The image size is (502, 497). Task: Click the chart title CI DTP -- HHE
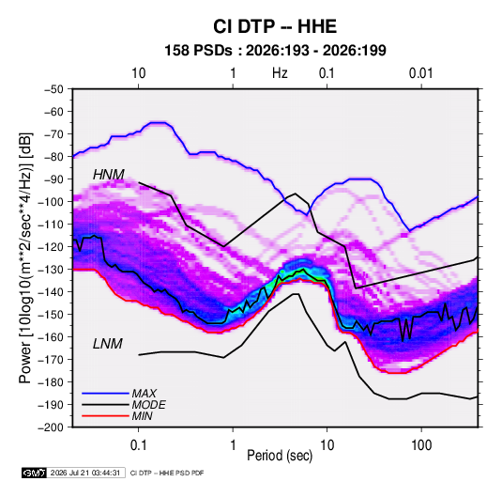275,26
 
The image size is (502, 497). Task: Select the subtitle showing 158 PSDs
275,51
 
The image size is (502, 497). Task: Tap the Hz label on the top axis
280,73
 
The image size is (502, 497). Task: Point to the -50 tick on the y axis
53,89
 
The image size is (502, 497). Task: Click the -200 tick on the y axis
51,427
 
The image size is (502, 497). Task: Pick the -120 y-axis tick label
51,247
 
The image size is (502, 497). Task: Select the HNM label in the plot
109,175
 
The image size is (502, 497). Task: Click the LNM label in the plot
108,344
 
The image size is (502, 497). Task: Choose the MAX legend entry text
145,394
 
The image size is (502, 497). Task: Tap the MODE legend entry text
148,405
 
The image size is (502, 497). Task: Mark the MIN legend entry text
142,416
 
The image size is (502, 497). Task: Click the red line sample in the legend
105,416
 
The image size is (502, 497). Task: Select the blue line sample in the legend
105,393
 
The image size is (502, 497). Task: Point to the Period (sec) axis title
280,456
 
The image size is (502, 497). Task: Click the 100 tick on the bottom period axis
421,445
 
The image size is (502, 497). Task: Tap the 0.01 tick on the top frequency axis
420,73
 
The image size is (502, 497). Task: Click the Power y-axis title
25,258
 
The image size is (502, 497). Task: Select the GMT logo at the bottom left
34,473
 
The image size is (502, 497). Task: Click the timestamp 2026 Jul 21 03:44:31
85,473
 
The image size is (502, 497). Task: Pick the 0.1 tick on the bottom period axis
138,445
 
